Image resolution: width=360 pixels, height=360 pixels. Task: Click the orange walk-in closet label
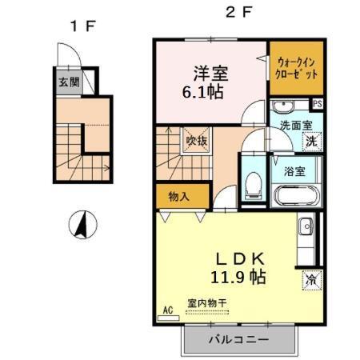297,65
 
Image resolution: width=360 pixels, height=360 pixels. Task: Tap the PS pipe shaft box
317,104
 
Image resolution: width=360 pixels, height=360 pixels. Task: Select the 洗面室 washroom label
295,126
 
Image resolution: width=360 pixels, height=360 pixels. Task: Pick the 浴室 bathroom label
295,170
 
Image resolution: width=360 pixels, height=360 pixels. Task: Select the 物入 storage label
179,197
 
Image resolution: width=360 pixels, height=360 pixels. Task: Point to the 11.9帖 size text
238,278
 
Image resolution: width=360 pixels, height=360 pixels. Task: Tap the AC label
168,309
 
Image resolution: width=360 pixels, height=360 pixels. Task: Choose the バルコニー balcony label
239,339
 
